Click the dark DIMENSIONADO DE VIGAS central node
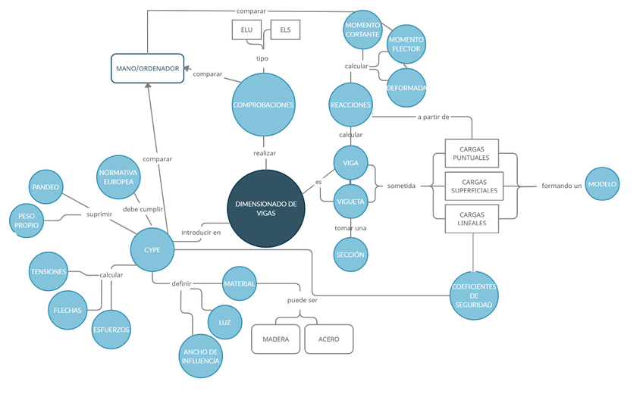265,208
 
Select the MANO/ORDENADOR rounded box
148,68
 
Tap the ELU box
246,30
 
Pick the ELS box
285,30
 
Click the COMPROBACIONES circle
263,105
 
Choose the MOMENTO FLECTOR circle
406,44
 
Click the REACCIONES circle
351,105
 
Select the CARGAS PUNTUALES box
471,154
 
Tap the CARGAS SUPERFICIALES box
474,186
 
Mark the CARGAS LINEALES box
471,219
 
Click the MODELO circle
603,184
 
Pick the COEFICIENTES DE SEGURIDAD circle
474,295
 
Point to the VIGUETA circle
351,202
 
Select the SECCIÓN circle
350,255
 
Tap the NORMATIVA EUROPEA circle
119,177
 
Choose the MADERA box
276,339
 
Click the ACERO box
329,339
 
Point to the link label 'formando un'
562,186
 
